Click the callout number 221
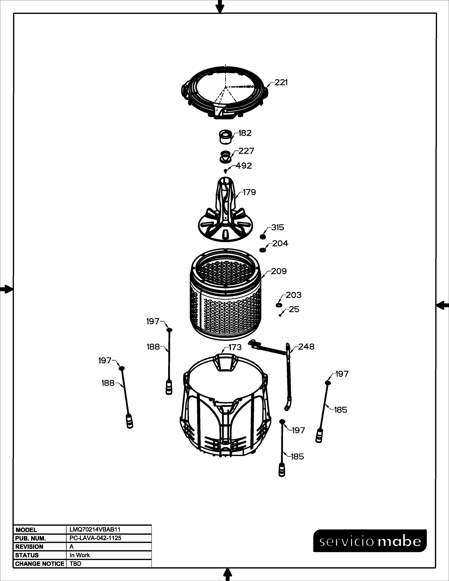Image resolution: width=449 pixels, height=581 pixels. (281, 83)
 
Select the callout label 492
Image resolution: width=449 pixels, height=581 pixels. (244, 166)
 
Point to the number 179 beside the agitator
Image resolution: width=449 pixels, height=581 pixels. (249, 192)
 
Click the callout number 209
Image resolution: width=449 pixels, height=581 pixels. (279, 271)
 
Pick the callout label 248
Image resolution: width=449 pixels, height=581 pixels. (306, 347)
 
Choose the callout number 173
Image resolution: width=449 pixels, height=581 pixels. (235, 347)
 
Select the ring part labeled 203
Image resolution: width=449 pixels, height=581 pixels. (279, 305)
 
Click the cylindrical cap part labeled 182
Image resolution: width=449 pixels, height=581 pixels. (225, 137)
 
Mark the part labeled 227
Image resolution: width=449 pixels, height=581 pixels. (225, 157)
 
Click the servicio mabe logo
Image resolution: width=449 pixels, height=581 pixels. (370, 541)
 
